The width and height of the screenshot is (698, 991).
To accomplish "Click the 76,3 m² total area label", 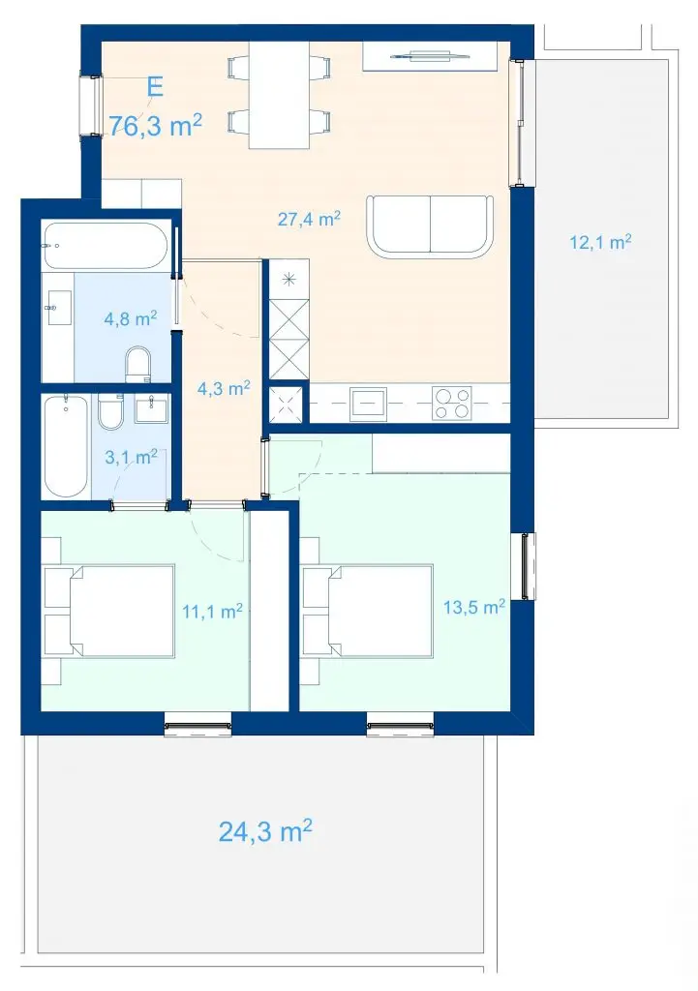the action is [156, 125].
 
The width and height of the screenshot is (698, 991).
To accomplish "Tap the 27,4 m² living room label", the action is [309, 220].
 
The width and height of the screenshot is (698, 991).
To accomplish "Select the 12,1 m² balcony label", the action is [600, 241].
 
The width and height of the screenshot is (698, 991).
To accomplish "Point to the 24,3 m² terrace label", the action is [265, 830].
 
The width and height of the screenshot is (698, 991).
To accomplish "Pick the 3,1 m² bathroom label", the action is [131, 457].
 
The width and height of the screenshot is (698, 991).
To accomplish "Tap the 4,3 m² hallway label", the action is [224, 388].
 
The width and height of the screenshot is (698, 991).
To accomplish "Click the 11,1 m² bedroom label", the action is [212, 612].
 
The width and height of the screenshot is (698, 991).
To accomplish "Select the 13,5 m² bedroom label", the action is [474, 608].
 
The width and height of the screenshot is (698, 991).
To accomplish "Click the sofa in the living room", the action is [431, 226].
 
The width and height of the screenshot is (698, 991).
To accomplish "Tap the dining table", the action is [279, 95].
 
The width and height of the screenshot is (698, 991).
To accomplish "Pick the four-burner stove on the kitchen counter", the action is [452, 404].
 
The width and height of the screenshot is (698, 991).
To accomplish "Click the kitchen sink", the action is [369, 404].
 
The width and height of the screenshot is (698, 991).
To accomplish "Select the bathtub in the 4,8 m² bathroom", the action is [105, 246].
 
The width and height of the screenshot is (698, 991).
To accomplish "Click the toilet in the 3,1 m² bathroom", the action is [111, 410].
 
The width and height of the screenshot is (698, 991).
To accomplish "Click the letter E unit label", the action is [155, 86].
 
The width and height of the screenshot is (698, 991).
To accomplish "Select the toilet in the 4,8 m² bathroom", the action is [138, 364].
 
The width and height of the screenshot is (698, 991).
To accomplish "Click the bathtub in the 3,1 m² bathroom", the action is [67, 446].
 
